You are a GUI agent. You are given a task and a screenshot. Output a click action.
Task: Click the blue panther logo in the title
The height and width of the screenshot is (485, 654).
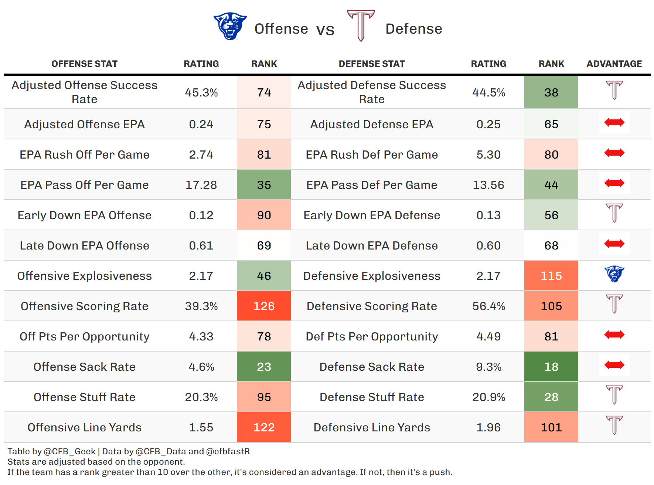point(230,26)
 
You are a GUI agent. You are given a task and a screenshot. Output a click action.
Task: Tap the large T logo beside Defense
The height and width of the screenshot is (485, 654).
point(361,26)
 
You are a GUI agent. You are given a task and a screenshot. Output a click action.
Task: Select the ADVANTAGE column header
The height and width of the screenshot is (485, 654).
point(614,64)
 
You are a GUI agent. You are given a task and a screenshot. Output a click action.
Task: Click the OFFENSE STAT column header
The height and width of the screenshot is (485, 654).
point(84,64)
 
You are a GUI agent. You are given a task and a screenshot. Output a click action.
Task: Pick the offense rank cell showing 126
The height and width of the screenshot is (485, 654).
point(264,306)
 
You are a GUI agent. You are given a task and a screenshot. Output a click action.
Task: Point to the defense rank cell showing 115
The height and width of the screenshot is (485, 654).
point(551,276)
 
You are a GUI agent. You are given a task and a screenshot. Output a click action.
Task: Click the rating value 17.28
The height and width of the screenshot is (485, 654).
point(201,185)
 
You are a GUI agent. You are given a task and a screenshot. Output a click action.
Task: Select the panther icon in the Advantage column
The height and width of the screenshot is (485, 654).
point(614,274)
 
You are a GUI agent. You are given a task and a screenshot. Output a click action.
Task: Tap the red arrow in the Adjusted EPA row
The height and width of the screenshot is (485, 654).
point(614,122)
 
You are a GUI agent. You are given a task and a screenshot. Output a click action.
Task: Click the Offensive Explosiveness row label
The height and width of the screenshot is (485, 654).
point(84,276)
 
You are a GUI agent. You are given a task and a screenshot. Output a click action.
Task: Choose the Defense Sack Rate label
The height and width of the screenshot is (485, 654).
point(372,367)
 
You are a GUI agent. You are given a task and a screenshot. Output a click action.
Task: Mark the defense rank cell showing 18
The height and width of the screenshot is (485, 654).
point(551,367)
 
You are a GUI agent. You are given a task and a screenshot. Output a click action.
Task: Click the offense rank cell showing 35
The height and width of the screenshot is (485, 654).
point(264,185)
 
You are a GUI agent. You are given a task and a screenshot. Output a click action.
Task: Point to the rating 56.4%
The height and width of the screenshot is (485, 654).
point(488,306)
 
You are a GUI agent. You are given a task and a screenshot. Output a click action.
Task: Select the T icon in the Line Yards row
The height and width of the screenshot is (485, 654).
point(614,425)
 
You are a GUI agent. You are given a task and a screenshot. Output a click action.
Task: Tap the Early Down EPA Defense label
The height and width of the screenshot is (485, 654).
point(372,215)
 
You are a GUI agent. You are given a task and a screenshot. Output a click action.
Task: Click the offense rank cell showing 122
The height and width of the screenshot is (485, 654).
point(264,427)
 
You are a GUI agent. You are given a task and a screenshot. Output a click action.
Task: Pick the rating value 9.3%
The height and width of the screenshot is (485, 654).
point(488,367)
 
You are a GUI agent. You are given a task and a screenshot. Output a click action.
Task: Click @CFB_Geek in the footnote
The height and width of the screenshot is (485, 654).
point(70,451)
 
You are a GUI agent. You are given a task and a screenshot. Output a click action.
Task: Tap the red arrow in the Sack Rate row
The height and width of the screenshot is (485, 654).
point(614,365)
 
